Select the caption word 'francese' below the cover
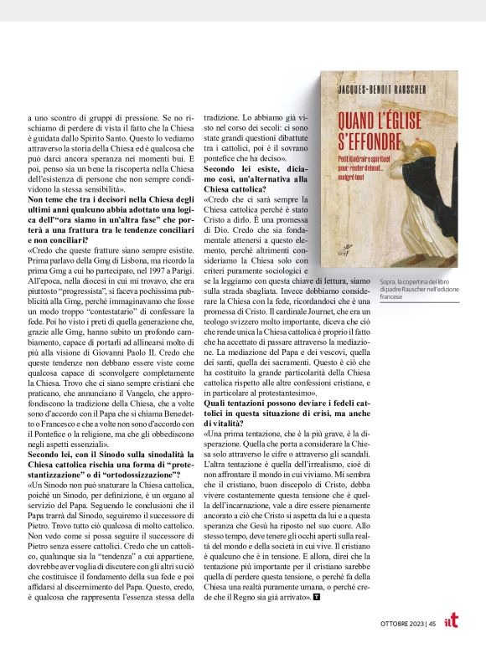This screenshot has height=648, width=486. [394, 297]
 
